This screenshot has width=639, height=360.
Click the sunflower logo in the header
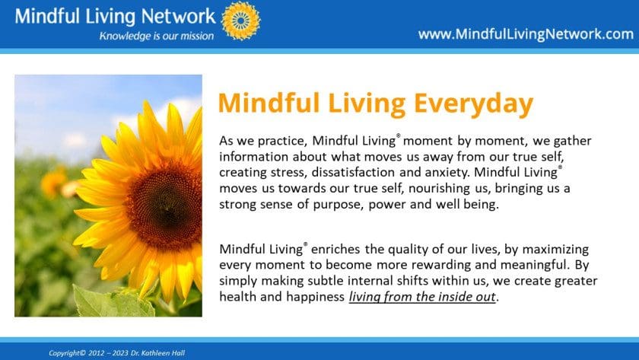click(x=241, y=21)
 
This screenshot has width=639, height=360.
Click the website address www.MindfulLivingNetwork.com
click(x=526, y=34)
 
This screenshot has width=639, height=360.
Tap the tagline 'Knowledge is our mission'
click(x=157, y=36)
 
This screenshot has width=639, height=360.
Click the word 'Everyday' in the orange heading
click(x=473, y=104)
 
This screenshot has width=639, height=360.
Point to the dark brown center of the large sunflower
click(x=165, y=202)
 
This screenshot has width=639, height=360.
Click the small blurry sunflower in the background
click(x=53, y=182)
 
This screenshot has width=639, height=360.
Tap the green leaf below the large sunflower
click(x=113, y=302)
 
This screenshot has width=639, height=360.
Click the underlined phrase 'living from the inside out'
click(x=422, y=297)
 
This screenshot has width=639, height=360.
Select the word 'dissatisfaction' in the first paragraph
click(x=353, y=172)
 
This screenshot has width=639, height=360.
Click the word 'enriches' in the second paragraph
click(x=335, y=249)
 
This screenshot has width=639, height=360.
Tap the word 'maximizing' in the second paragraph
click(x=555, y=250)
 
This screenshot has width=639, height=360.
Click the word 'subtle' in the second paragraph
click(x=322, y=281)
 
